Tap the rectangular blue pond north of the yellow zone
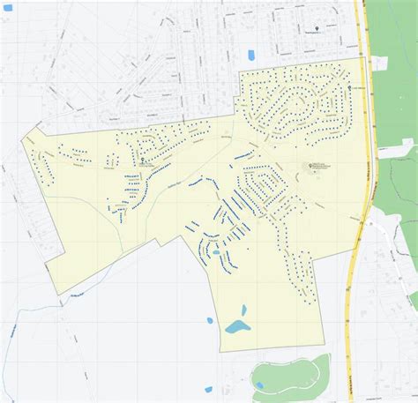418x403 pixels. point(250,55)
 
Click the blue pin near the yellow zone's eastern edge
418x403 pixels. point(354,87)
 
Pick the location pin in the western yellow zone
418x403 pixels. point(145,160)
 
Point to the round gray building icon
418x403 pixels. point(310,166)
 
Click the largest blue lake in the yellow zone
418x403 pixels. point(236,328)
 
